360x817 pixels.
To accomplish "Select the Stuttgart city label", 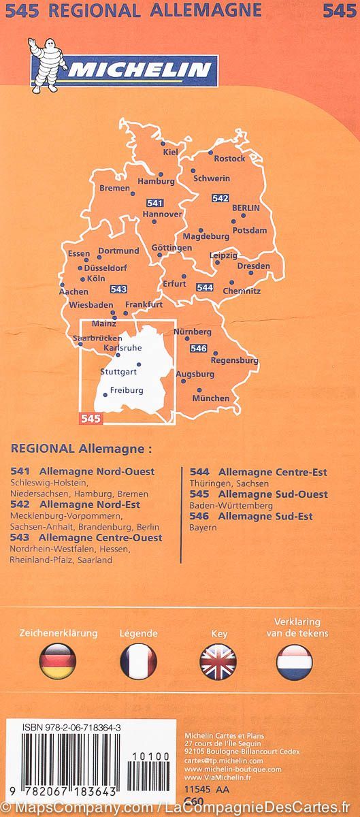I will (118, 372).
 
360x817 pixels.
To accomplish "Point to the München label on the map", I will (212, 398).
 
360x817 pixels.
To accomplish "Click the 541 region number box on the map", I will (154, 203).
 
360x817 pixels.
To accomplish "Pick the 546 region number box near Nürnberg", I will (199, 349).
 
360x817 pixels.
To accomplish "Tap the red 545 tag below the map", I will (90, 419).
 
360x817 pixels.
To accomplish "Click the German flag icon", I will (58, 660).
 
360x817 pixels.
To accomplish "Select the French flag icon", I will (138, 660).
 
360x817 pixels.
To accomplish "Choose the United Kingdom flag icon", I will (218, 660).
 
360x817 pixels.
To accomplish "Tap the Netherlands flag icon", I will (294, 660).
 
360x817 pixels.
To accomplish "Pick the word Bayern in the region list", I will (203, 528).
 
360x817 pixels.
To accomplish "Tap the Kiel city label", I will (170, 153).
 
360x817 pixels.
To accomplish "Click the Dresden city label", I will (255, 266).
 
